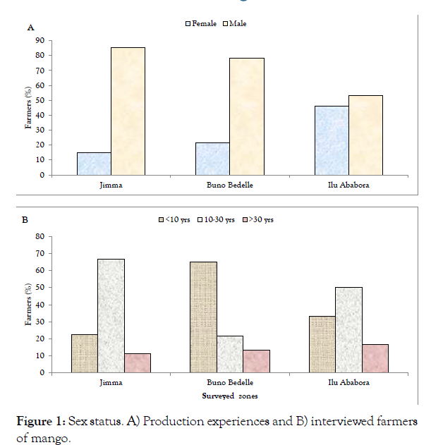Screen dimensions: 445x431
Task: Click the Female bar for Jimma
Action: (x=94, y=164)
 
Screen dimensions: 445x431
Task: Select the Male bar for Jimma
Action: (x=128, y=111)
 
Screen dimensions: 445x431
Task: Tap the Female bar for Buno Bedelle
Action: (x=212, y=159)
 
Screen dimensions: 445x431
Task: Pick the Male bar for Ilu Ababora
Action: (x=365, y=135)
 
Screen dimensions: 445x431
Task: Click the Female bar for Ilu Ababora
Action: (x=332, y=140)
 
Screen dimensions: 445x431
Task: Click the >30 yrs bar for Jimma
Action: (x=137, y=362)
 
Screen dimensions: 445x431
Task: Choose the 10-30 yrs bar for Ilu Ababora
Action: (x=348, y=330)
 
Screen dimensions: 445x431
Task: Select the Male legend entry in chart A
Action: (x=235, y=24)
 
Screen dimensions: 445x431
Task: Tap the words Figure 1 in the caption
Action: (x=39, y=422)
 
